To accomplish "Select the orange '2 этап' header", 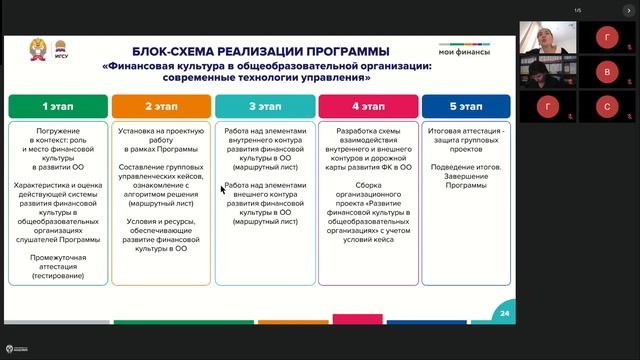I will (x=161, y=104).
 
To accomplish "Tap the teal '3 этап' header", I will (x=264, y=104).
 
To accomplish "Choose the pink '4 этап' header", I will (x=367, y=104).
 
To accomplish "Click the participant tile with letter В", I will (x=606, y=72).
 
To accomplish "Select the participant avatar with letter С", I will (x=606, y=105).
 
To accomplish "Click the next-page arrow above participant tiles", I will (x=629, y=10).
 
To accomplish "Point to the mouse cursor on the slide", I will (x=223, y=187).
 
